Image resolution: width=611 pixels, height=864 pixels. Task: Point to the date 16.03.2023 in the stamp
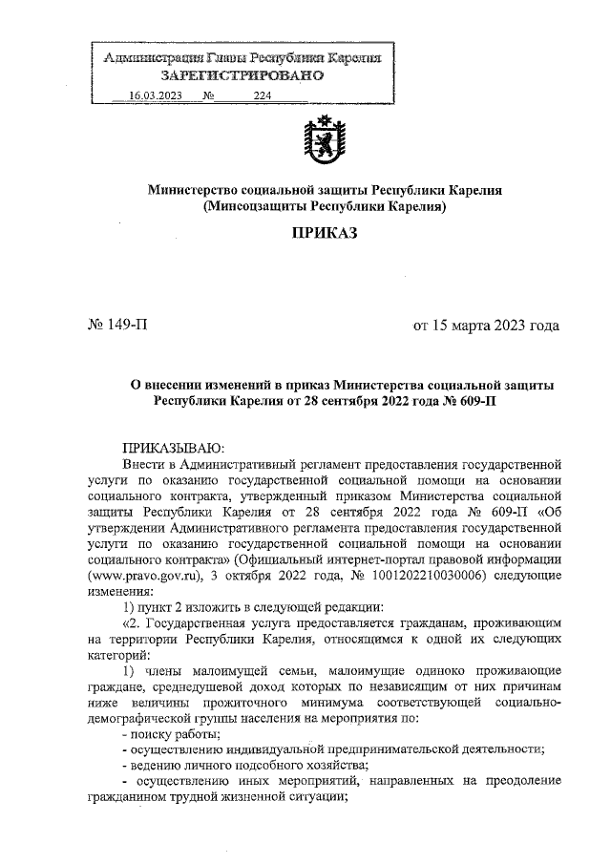point(155,97)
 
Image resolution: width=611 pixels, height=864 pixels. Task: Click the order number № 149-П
point(119,326)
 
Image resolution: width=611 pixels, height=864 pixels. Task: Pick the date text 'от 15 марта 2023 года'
point(485,326)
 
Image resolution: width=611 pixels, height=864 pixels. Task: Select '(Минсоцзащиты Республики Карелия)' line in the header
point(324,206)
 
